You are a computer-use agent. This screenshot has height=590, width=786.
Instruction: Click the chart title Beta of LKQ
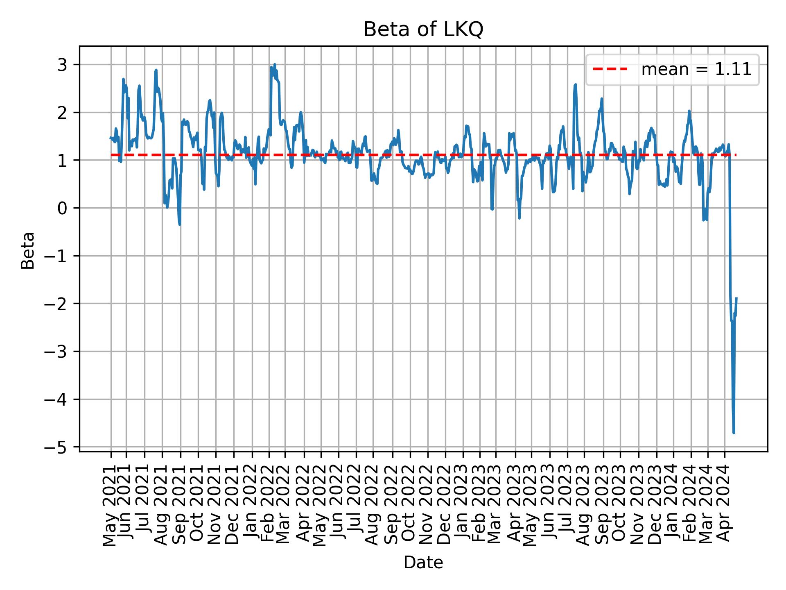(x=423, y=29)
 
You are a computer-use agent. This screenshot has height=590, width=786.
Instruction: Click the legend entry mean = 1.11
(x=696, y=70)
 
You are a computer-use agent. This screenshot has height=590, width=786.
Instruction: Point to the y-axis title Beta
(x=28, y=250)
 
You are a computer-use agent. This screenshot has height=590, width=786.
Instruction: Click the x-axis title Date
(x=423, y=563)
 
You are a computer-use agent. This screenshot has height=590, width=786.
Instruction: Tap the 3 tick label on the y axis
(x=65, y=65)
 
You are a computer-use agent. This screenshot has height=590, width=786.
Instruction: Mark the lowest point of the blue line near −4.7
(x=734, y=432)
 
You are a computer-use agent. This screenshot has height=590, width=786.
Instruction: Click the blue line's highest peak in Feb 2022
(x=275, y=64)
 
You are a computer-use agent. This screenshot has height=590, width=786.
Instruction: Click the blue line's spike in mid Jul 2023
(x=576, y=85)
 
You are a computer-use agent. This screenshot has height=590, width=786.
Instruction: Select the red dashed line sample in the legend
(x=610, y=70)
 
